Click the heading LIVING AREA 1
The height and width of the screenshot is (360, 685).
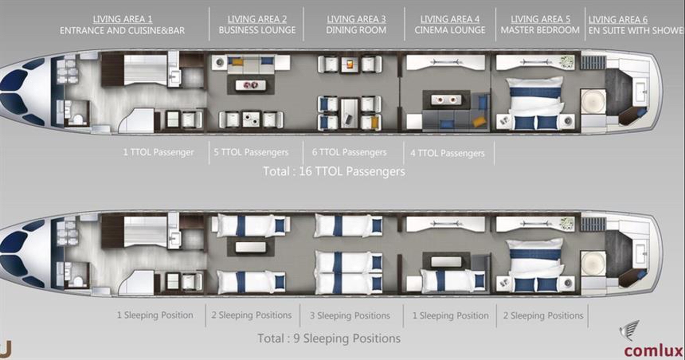tap(123, 19)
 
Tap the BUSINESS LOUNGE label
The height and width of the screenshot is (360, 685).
tap(257, 30)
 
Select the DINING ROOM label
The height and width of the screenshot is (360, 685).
tap(356, 30)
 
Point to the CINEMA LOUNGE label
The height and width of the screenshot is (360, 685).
tap(450, 30)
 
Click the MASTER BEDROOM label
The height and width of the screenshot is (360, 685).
tap(540, 30)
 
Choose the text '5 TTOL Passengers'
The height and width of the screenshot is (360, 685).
tap(251, 152)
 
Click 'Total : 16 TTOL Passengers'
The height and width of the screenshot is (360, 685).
tap(334, 172)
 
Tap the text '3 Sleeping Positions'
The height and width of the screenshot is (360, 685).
tap(350, 316)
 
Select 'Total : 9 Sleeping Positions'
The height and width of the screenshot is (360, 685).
tap(329, 339)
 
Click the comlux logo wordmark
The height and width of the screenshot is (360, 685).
tap(653, 351)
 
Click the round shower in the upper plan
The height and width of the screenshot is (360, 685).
tap(593, 102)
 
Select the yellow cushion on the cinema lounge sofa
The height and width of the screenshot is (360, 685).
tap(479, 121)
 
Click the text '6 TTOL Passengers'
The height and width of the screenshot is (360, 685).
tap(349, 152)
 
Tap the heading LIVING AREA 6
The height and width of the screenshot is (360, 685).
tap(618, 20)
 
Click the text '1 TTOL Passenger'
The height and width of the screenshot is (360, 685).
tap(158, 152)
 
